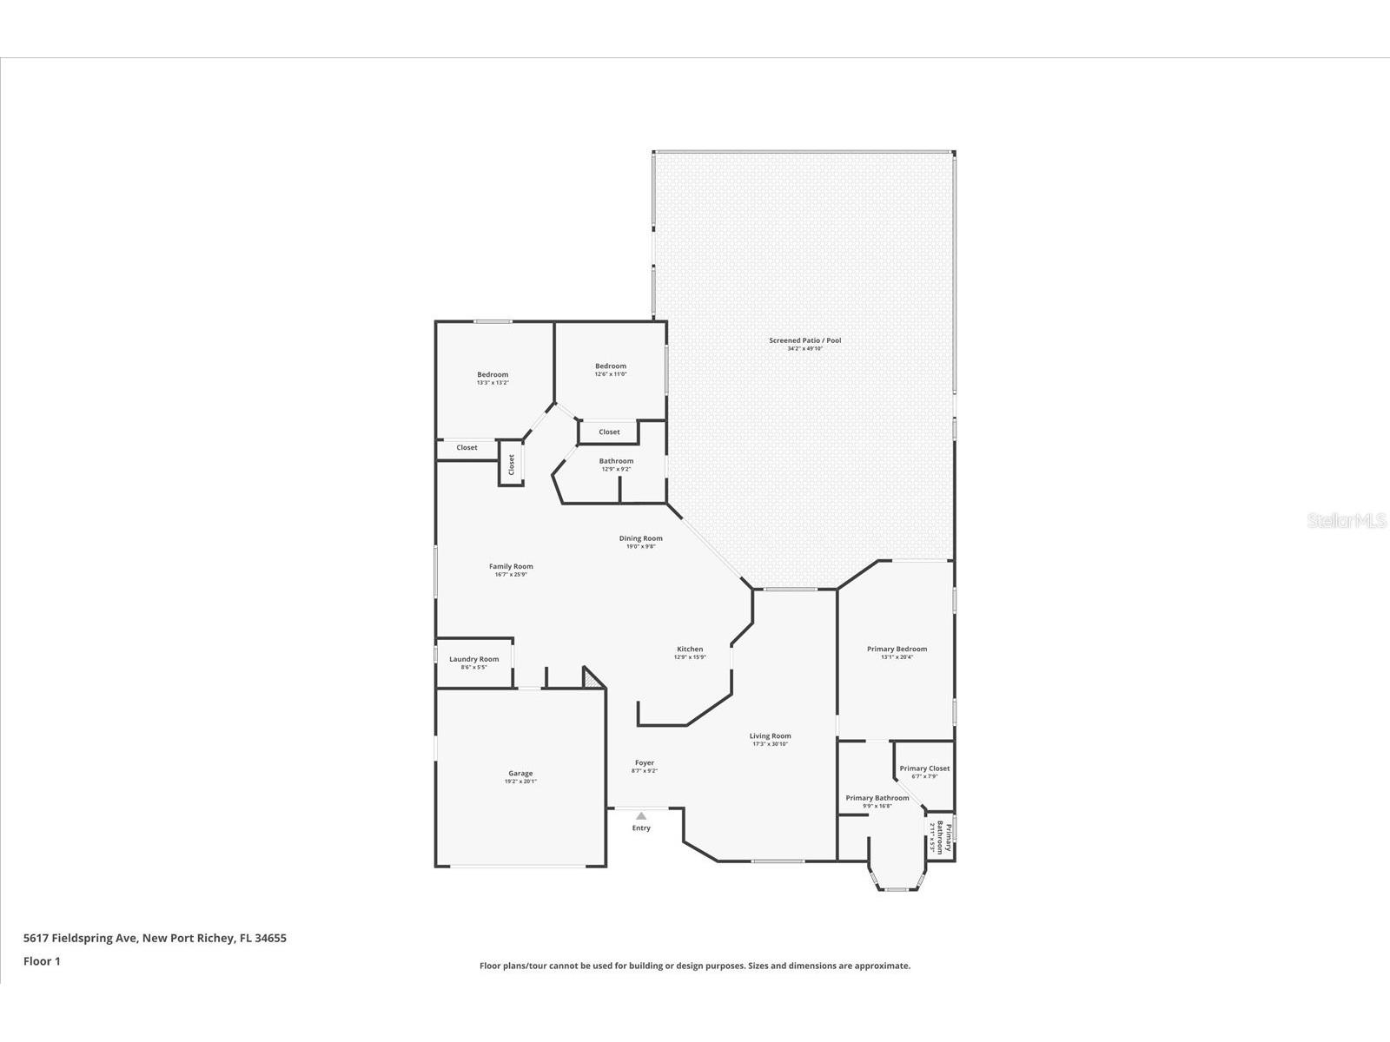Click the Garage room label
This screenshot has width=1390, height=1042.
[x=520, y=773]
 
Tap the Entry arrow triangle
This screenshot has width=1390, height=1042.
[x=641, y=816]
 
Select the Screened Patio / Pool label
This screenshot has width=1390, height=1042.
[x=804, y=340]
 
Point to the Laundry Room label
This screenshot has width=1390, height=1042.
[x=473, y=659]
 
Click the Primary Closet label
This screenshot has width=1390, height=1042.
[x=924, y=768]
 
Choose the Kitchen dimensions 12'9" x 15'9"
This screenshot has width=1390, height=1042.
[x=690, y=657]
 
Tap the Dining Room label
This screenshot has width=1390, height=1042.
[x=640, y=538]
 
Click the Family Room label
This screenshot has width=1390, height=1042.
[x=511, y=566]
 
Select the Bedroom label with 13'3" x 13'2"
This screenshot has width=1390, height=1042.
[x=493, y=374]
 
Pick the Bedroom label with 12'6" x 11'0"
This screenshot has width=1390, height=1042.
[x=610, y=366]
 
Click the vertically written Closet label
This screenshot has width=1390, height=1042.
[x=512, y=464]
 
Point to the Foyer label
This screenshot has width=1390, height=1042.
[x=644, y=762]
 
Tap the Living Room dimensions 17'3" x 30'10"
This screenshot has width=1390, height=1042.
[x=770, y=744]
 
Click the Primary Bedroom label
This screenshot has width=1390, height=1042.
[x=897, y=649]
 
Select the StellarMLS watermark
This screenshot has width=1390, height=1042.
[x=1347, y=521]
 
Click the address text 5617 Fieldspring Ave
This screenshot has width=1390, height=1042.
[x=81, y=938]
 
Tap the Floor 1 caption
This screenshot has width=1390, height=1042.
[x=42, y=961]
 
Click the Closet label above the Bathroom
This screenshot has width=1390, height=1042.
[x=609, y=432]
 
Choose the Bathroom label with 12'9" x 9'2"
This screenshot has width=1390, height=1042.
[x=616, y=461]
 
